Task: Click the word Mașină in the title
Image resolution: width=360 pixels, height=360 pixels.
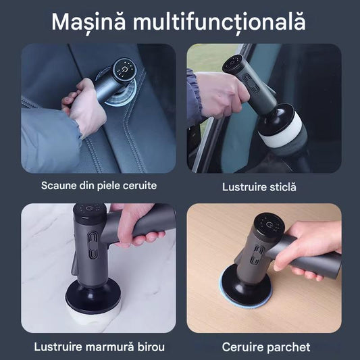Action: coord(88,22)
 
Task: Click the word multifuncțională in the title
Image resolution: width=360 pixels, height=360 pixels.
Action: coord(220,22)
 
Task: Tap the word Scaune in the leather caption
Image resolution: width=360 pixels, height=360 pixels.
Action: coord(59,186)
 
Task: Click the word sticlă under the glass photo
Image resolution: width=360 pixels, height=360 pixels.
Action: coord(282,187)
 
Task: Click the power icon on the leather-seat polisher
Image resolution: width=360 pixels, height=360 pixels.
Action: coord(125,69)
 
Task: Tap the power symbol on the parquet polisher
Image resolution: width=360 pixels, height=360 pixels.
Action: coord(269,224)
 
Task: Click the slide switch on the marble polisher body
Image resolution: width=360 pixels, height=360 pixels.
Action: coord(93,245)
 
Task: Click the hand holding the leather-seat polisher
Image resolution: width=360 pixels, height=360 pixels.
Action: coord(84,105)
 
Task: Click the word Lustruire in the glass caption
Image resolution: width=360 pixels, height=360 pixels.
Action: coord(243,187)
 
